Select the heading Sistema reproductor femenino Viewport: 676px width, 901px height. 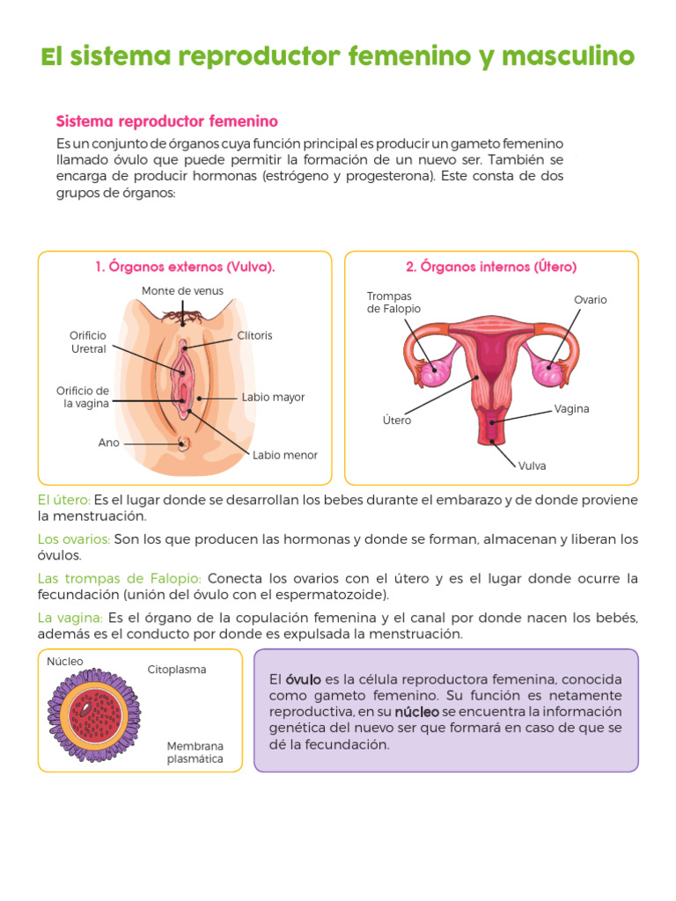[167, 121]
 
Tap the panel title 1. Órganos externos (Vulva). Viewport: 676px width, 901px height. [185, 267]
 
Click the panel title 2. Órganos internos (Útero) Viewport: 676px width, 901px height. [491, 267]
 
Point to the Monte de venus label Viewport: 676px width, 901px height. [182, 291]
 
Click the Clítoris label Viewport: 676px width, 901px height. [254, 336]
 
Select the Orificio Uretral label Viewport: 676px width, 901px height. [88, 342]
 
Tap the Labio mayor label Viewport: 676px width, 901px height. [273, 398]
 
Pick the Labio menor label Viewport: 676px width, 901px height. [284, 456]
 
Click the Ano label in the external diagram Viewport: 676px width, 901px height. [108, 443]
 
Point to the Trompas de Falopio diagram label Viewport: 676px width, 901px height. [393, 303]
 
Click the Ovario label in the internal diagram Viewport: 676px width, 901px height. [591, 300]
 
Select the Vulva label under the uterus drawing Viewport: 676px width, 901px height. [532, 466]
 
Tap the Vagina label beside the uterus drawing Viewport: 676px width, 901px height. [571, 409]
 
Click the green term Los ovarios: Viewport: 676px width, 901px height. [74, 539]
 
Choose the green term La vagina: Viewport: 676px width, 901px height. [70, 618]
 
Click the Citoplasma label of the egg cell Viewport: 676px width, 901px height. [177, 670]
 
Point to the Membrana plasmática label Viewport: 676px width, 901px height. [195, 752]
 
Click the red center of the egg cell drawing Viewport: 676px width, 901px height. [90, 712]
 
